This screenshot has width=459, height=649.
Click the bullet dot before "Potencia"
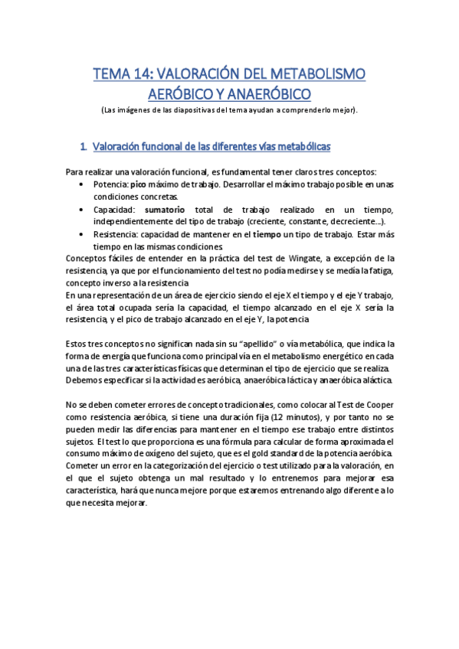click(x=83, y=185)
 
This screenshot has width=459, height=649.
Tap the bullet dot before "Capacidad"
click(x=83, y=210)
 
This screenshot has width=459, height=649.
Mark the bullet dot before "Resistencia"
click(x=83, y=234)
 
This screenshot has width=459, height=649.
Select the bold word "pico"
click(x=138, y=185)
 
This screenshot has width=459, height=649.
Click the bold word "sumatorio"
click(x=165, y=210)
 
